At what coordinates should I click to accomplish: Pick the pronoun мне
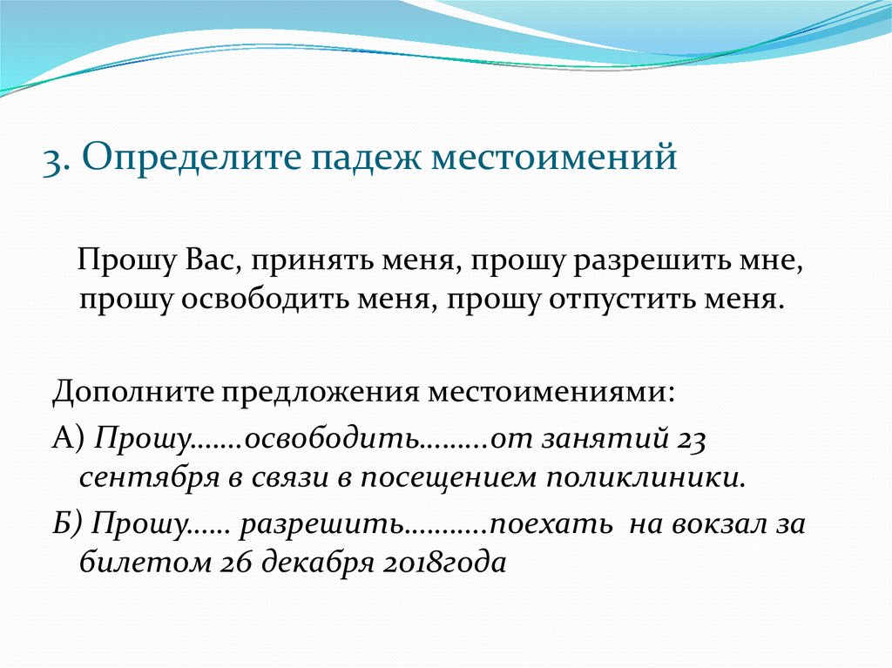point(781,260)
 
